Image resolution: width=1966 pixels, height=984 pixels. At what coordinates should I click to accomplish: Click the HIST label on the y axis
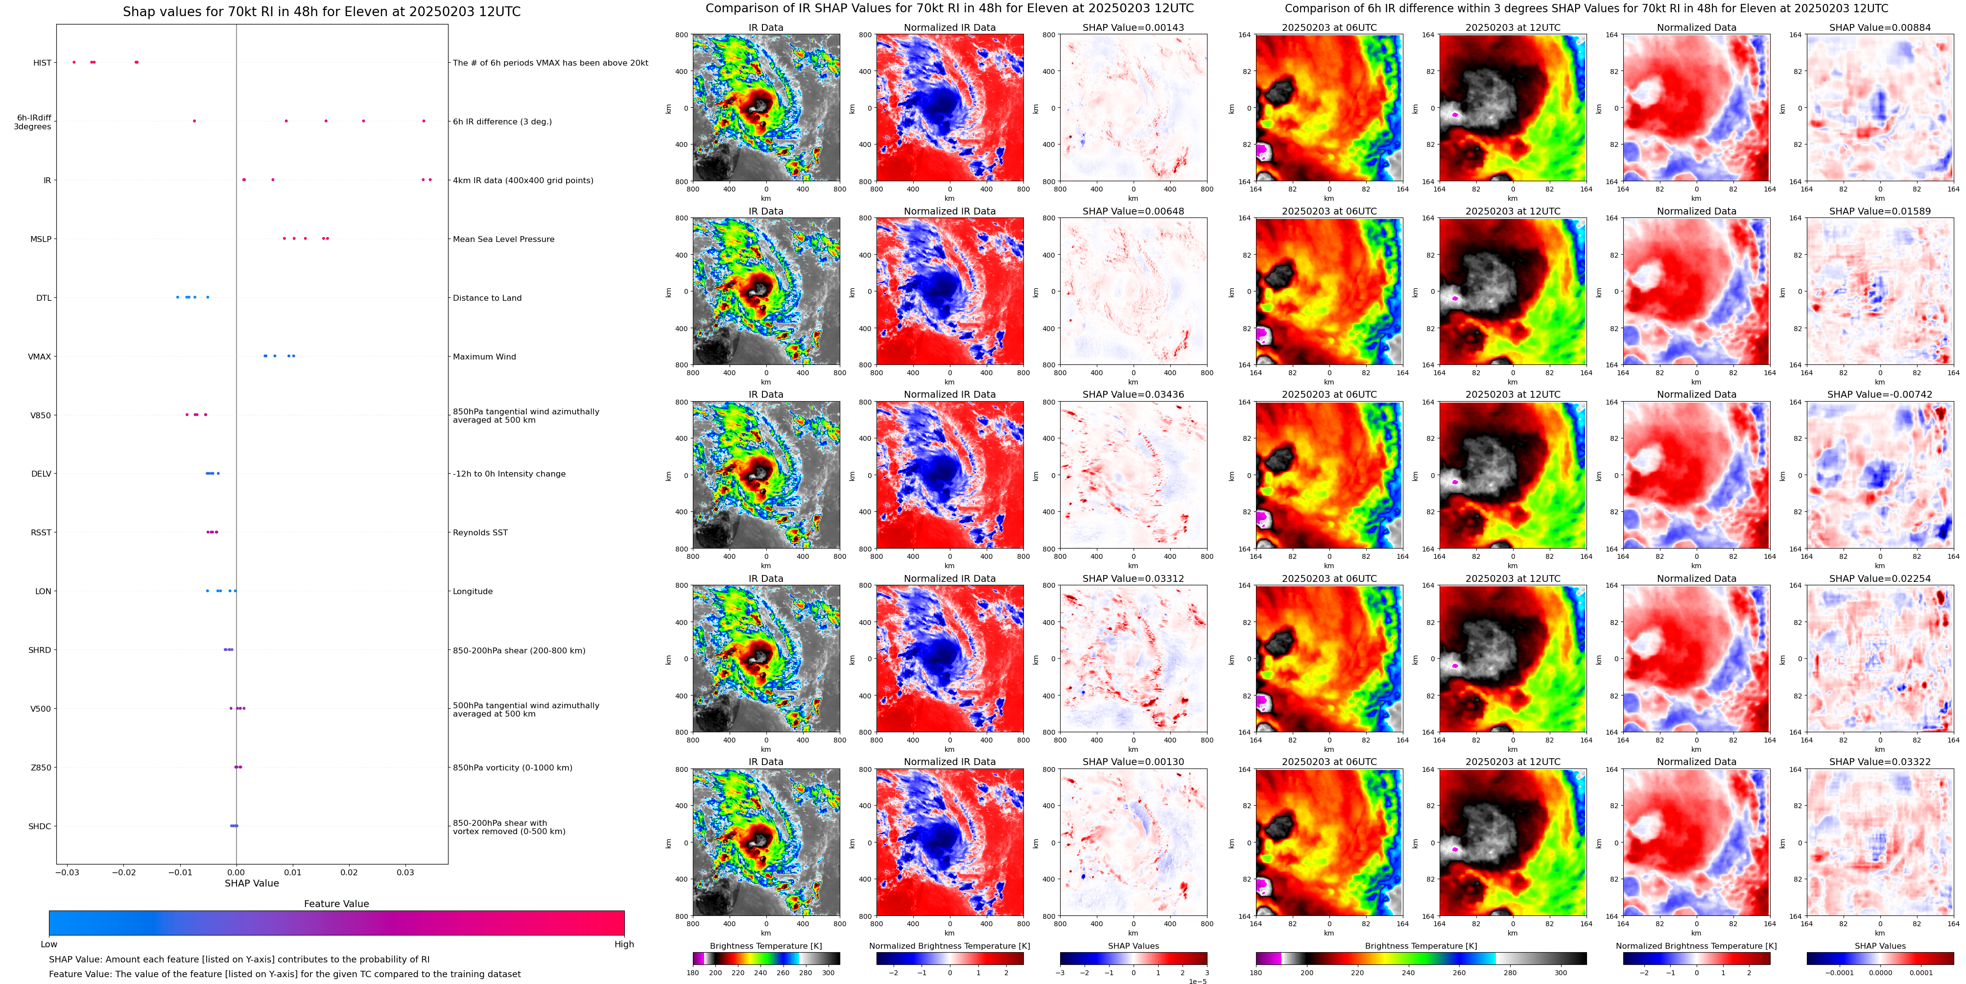click(x=42, y=63)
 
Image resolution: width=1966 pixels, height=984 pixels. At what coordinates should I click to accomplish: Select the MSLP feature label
click(x=41, y=239)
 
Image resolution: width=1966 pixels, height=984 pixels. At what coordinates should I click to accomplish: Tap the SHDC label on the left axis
click(x=40, y=826)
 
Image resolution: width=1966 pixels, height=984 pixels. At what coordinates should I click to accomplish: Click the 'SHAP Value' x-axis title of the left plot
click(x=251, y=883)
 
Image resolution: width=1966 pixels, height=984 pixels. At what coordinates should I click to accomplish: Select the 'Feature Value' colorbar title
click(x=336, y=904)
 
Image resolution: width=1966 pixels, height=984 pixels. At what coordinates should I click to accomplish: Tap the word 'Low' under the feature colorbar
click(x=49, y=944)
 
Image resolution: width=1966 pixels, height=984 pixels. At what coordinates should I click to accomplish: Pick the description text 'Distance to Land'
click(x=487, y=298)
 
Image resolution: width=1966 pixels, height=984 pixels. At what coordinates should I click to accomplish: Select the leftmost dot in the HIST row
click(x=74, y=62)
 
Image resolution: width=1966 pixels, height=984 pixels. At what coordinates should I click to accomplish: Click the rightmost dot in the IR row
click(x=430, y=179)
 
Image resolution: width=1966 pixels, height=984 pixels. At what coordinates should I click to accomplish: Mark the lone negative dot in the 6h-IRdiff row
click(x=194, y=120)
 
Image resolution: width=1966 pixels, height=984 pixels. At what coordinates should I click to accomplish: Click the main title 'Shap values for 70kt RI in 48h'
click(x=321, y=11)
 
